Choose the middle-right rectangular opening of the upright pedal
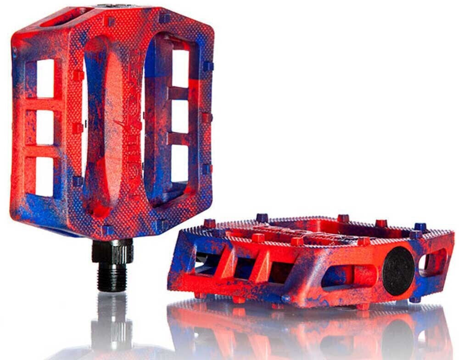(180, 116)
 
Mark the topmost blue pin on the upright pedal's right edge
(208, 66)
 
